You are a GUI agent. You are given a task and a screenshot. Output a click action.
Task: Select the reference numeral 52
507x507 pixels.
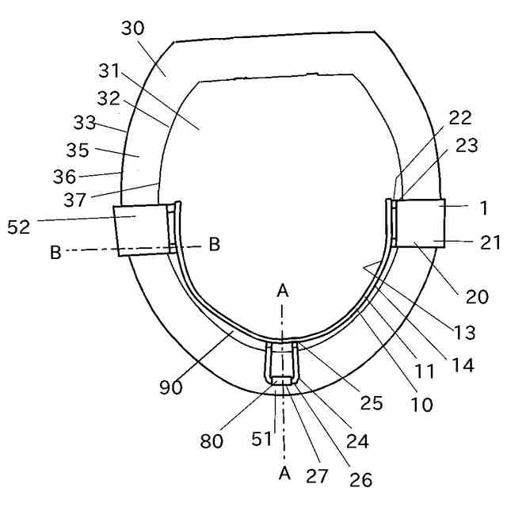pos(18,227)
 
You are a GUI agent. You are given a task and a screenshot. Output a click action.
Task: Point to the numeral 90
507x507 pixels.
pos(171,387)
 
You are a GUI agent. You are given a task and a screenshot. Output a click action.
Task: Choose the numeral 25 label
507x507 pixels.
pos(372,403)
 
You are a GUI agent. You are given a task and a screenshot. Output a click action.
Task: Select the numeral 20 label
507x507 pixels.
pos(478,297)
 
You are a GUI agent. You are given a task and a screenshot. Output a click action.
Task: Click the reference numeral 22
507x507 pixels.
pos(459,118)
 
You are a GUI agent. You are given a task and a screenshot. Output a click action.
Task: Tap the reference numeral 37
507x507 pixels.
pos(75,201)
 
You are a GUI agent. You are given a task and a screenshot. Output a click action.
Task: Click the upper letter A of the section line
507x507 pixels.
pos(282,291)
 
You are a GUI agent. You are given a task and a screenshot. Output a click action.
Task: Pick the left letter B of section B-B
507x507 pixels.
pos(56,252)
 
